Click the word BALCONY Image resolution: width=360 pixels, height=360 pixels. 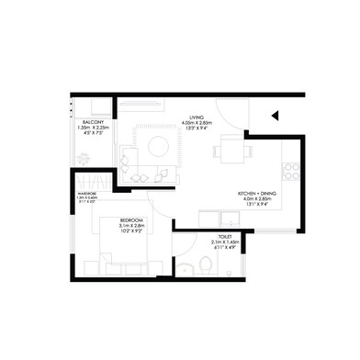[x=91, y=122]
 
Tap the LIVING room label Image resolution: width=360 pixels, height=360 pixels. [x=197, y=118]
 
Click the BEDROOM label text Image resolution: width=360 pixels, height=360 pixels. [x=131, y=221]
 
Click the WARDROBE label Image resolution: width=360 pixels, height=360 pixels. [x=87, y=193]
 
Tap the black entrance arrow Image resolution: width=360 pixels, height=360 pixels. [x=274, y=117]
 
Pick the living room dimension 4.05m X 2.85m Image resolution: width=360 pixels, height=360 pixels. [x=197, y=124]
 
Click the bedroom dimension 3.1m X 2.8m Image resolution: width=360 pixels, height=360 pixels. [x=131, y=228]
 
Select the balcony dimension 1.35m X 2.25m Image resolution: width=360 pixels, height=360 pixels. [x=91, y=129]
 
